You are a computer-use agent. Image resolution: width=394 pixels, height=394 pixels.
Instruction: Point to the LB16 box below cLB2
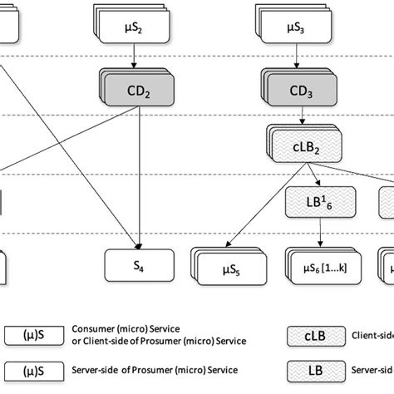(319, 200)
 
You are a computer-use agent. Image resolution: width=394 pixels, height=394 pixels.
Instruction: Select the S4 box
(139, 266)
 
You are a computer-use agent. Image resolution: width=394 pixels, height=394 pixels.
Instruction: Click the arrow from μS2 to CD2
(133, 57)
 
